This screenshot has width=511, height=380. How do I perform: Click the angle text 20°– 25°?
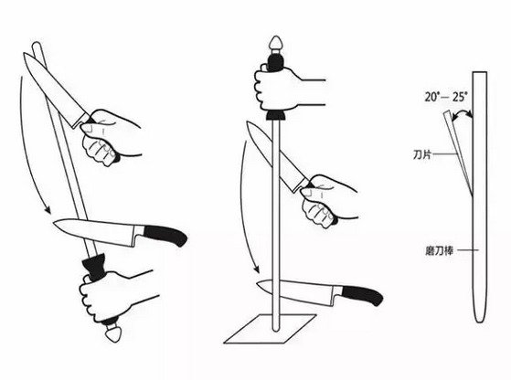coord(446,97)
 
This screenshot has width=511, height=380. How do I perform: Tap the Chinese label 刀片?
coord(422,154)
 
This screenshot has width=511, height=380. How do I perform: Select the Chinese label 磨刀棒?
coord(439,250)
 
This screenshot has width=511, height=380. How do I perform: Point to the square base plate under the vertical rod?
coord(270,329)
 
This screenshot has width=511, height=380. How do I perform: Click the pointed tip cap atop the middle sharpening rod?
coord(276,44)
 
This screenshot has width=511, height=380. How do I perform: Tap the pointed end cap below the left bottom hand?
coord(113,334)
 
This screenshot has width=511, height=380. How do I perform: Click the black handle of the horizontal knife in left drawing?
coord(165,235)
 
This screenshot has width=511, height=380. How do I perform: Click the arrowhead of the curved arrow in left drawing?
coord(48,210)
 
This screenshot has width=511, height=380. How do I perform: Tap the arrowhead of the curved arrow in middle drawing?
coord(256,269)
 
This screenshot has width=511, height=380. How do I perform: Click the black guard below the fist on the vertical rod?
coord(276,115)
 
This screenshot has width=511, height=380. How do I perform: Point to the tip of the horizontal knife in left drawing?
coord(54,224)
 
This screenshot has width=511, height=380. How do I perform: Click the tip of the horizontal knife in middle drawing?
coord(258,283)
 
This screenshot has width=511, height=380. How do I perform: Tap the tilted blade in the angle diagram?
coord(458,153)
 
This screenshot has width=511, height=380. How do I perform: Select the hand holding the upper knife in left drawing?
coord(109,137)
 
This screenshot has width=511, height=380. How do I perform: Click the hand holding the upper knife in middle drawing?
coord(326,200)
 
